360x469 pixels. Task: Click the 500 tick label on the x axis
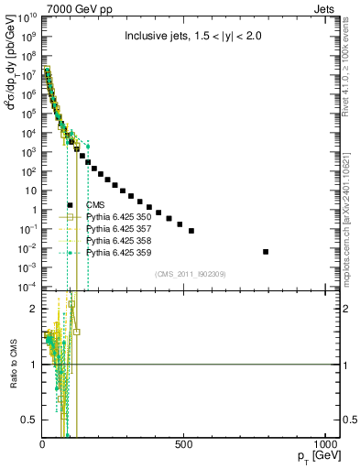coord(185,441)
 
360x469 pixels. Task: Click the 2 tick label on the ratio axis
coord(33,309)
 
